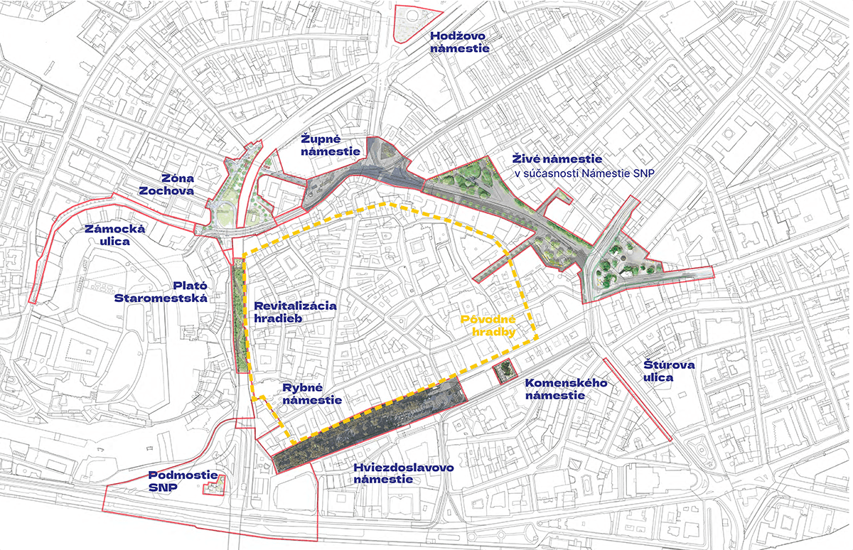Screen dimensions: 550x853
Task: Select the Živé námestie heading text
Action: click(557, 159)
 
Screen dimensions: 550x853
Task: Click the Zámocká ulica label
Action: click(114, 235)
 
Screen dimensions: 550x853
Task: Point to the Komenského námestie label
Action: click(566, 389)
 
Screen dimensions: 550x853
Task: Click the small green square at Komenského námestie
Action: click(505, 370)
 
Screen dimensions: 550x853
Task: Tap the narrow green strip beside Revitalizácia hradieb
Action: click(240, 316)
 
